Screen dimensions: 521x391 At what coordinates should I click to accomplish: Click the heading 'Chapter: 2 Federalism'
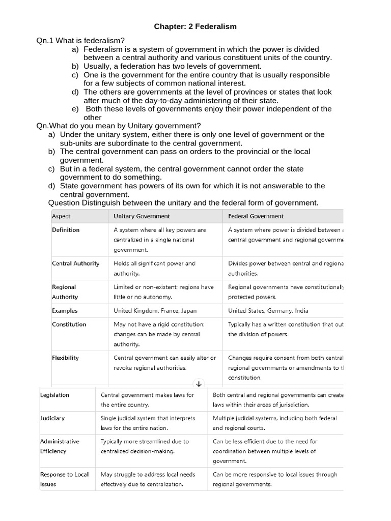coord(195,26)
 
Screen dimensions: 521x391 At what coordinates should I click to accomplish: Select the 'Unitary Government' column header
coord(142,216)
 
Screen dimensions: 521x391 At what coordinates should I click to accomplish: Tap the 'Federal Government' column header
coord(256,216)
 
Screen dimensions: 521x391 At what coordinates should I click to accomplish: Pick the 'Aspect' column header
coord(61,216)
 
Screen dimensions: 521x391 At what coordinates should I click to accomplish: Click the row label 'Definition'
coord(66,230)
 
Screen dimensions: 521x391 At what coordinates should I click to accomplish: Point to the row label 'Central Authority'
coord(75,264)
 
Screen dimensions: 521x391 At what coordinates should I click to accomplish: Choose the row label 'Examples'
coord(65,310)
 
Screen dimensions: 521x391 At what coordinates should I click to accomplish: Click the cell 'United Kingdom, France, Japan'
coord(155,310)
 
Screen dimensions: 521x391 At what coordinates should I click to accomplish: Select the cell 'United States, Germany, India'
coord(268,310)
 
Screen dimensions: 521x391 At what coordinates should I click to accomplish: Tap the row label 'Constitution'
coord(69,324)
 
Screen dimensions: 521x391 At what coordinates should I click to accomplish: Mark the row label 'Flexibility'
coord(65,358)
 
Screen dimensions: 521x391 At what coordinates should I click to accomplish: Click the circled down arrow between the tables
coord(199,383)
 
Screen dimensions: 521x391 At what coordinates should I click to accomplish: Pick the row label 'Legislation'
coord(54,395)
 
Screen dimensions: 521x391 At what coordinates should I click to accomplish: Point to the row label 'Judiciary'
coord(52,418)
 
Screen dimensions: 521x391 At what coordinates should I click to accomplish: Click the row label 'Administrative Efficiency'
coord(60,446)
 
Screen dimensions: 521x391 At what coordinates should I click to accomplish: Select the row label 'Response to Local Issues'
coord(64,479)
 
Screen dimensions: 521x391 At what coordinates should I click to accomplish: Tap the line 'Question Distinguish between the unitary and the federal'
coord(183,203)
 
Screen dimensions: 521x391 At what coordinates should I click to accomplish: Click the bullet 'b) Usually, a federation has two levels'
coord(173,66)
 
